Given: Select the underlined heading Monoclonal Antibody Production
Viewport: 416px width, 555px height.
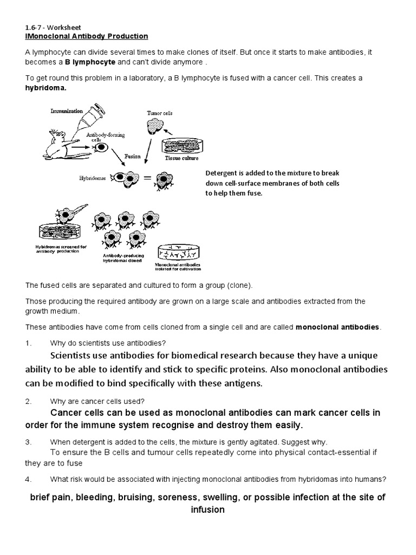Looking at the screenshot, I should (x=87, y=36).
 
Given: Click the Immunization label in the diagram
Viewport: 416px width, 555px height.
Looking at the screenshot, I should (x=67, y=111).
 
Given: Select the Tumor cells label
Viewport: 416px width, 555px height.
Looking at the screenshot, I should (x=160, y=113).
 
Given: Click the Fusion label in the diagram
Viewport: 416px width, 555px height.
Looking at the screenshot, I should (x=132, y=156).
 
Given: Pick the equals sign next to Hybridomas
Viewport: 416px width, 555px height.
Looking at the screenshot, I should (x=145, y=178).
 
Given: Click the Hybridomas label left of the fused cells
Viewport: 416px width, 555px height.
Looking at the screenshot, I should (x=93, y=177).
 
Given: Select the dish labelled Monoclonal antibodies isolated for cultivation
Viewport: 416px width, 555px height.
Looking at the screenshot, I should (x=179, y=252).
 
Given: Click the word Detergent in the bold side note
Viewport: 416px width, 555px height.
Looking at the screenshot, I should (x=223, y=173).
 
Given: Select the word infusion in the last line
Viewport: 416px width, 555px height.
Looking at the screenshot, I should (x=207, y=510).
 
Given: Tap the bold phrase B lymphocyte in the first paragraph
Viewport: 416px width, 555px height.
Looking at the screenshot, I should (x=90, y=62).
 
